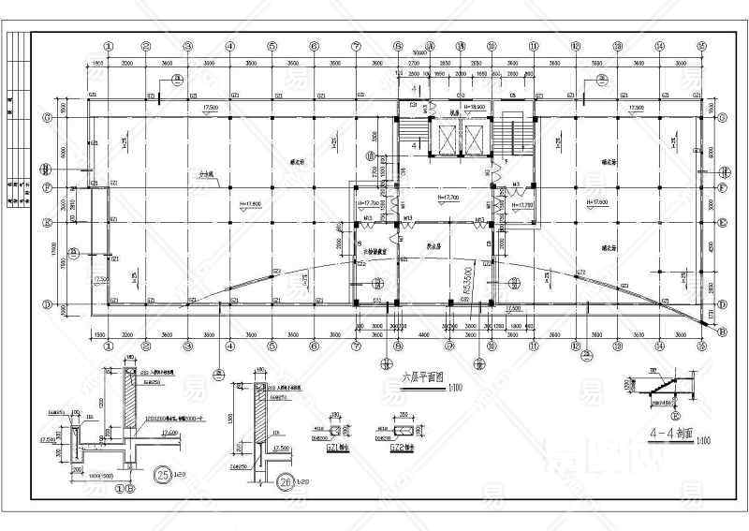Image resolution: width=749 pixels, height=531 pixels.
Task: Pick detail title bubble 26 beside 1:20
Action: click(286, 482)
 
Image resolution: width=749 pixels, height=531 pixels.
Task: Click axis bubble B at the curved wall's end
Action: click(721, 331)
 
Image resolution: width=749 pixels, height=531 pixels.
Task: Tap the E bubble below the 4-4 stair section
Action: click(676, 412)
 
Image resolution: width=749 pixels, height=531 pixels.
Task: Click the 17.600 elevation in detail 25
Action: click(169, 433)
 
